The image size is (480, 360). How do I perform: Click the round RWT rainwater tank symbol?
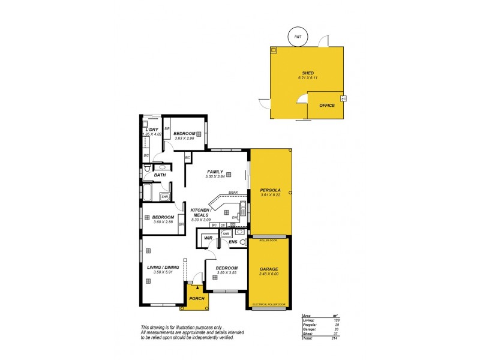coord(298,37)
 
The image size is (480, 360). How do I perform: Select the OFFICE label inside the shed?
coord(327,106)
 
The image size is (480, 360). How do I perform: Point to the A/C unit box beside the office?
coord(343,98)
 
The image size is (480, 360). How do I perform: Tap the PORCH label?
coord(196,298)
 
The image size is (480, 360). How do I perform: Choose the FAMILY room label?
coord(215,172)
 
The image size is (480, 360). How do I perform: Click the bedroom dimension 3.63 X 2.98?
coord(185,139)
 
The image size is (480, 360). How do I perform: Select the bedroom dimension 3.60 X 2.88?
coord(163,222)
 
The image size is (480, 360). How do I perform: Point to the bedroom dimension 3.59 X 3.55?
coord(226,273)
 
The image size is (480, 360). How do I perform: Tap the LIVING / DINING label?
coord(163,267)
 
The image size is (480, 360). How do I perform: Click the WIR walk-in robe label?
coord(208,238)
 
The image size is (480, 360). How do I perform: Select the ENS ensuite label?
coord(234,242)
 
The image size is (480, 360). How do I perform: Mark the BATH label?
coord(160,175)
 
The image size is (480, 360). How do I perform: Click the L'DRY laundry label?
coord(152,129)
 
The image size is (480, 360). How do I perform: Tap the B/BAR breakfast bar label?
coord(233,193)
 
